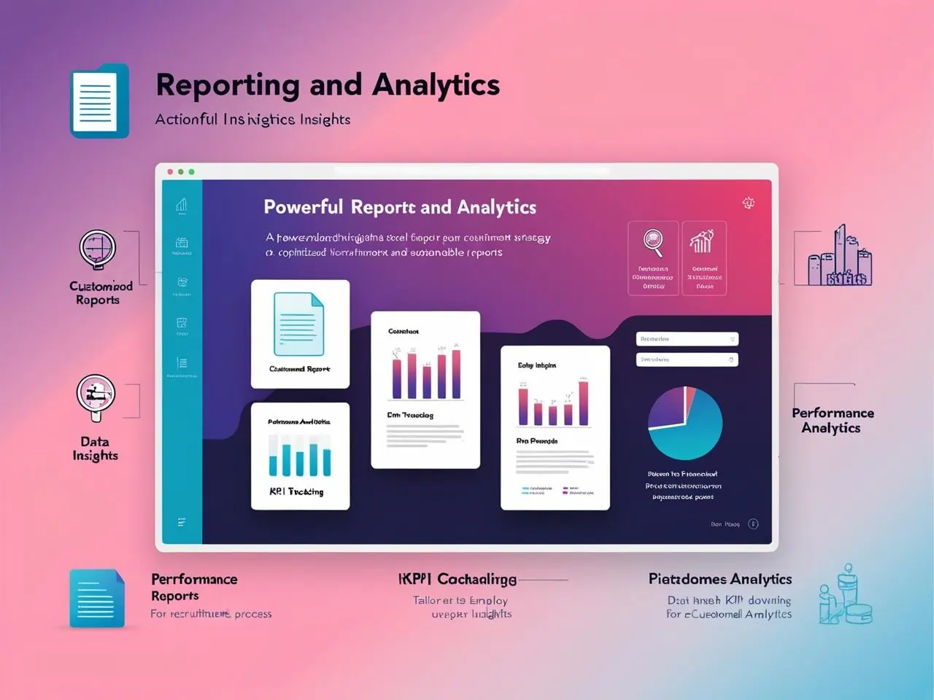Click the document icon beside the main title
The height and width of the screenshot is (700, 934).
point(99,101)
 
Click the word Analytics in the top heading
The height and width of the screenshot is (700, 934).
point(436,85)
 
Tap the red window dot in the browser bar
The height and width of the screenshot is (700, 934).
point(170,172)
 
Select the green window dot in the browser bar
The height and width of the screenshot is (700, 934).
point(191,172)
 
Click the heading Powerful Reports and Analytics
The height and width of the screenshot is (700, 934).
point(400,208)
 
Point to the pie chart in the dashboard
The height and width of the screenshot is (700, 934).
point(685,423)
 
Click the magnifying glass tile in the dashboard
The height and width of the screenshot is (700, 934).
point(653,257)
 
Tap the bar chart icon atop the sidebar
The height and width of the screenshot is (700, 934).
point(182,206)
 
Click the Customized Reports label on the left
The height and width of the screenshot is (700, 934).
point(101,292)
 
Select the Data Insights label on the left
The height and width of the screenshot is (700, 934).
point(95,448)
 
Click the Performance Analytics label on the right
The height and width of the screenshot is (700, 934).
point(833,420)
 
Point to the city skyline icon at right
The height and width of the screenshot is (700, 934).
point(839,257)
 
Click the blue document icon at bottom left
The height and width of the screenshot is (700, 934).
point(97,598)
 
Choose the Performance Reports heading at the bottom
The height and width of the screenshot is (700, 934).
point(194,587)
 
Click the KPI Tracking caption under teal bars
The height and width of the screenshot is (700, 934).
point(296,491)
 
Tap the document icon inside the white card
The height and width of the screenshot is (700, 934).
point(298,324)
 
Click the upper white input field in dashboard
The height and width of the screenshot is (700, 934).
point(687,339)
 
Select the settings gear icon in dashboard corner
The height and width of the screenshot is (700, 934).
point(749,203)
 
